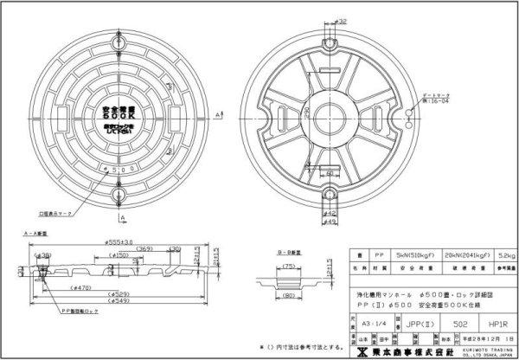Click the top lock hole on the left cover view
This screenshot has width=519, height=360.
coord(120,39)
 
